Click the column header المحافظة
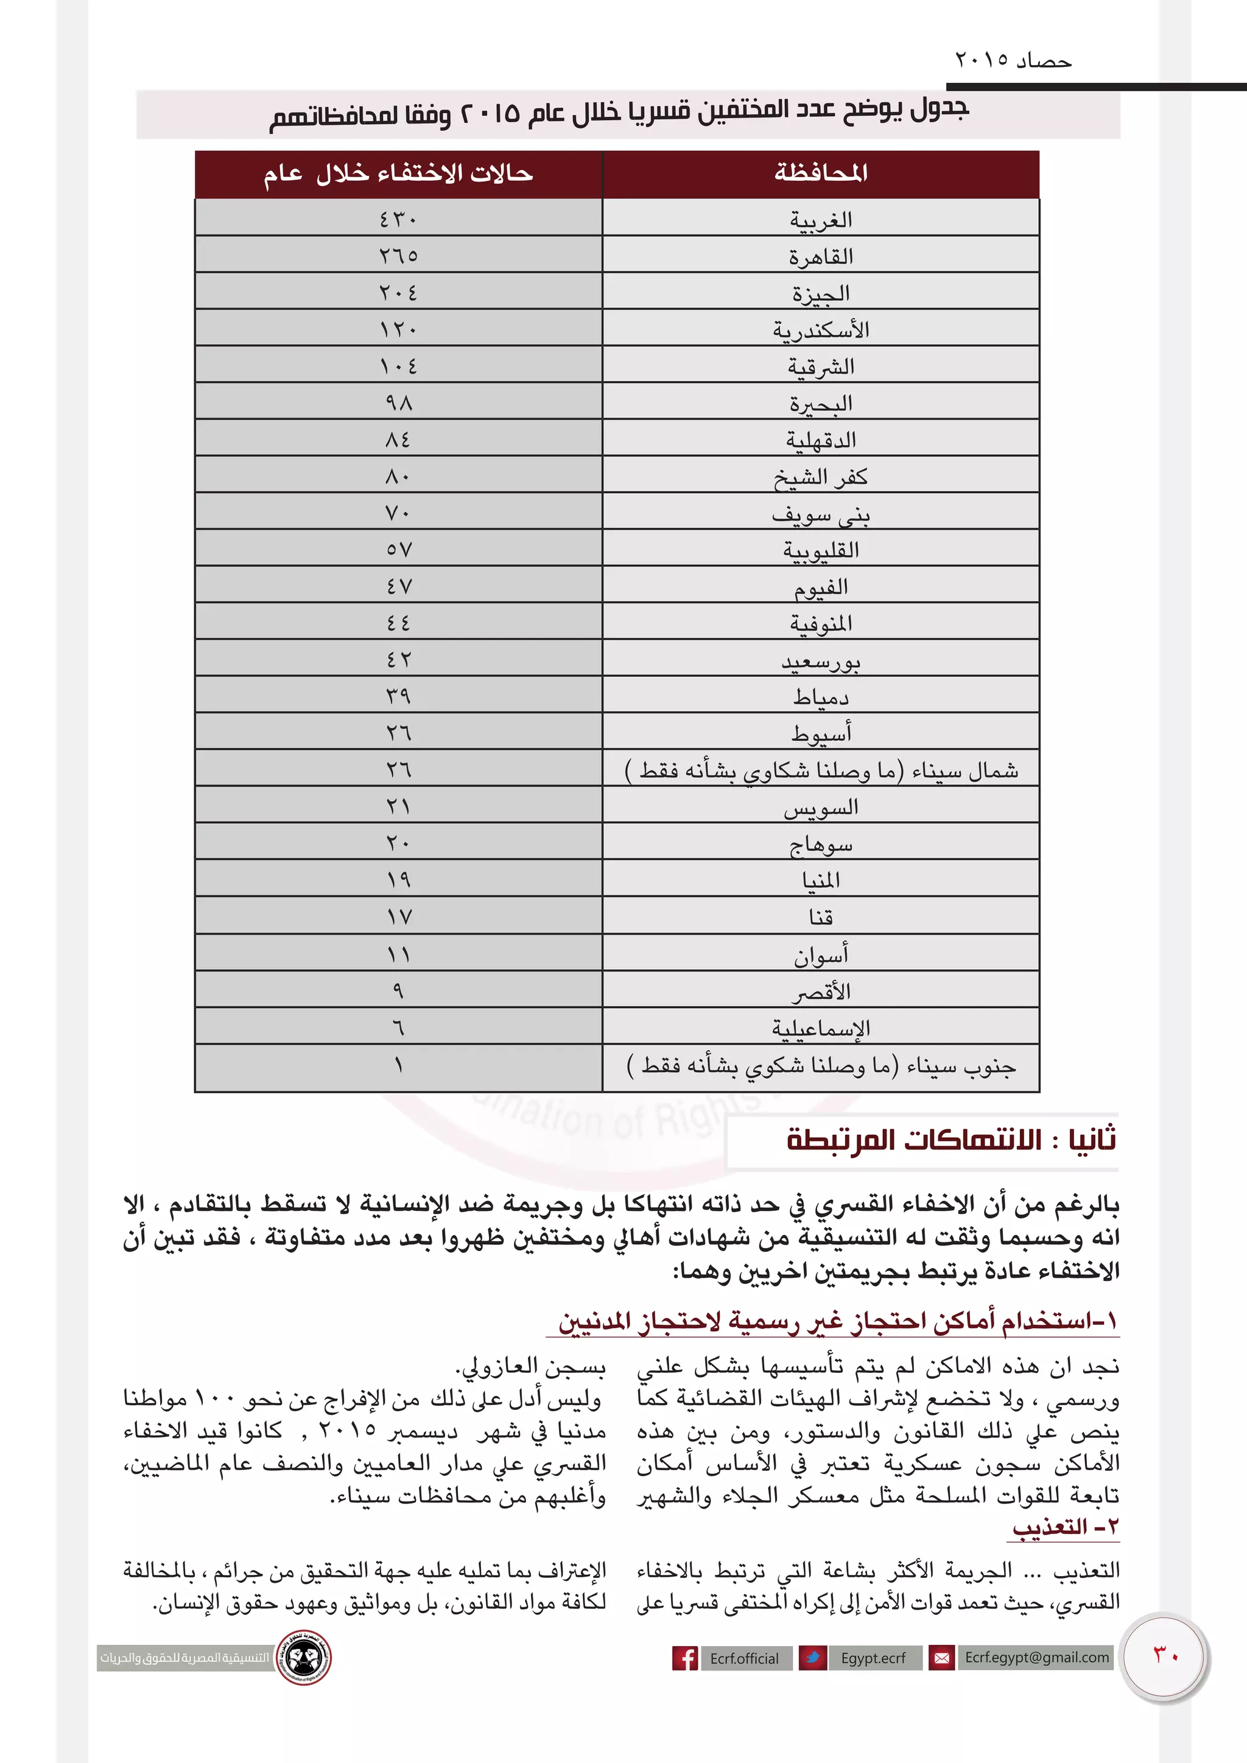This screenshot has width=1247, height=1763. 820,173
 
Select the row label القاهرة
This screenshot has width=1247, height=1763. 820,256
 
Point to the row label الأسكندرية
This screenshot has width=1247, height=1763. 820,329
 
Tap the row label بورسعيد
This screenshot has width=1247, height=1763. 820,661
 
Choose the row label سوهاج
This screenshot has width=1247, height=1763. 820,844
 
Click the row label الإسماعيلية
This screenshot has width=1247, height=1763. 820,1028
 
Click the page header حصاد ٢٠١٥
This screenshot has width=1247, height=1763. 1012,60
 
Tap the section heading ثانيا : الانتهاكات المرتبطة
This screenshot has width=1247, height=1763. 950,1140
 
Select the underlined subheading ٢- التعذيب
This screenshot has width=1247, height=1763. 1065,1527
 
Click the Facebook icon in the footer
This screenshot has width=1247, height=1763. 684,1658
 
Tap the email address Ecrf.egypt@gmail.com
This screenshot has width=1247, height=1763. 1036,1657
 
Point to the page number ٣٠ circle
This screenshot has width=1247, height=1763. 1164,1657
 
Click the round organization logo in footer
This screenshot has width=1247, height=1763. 303,1657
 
